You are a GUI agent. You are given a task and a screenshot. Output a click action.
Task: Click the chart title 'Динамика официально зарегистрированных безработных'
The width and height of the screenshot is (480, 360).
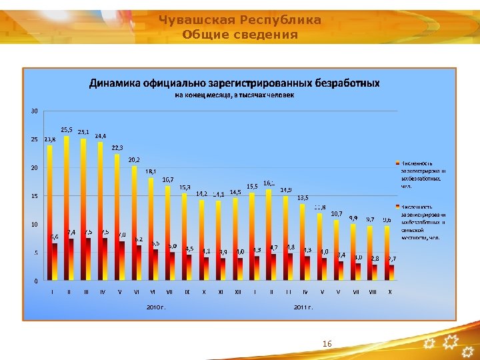pyautogui.click(x=235, y=83)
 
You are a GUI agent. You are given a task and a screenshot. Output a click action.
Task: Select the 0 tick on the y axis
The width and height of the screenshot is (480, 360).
pyautogui.click(x=35, y=281)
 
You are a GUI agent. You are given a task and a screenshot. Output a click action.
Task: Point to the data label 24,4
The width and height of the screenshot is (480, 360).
pyautogui.click(x=100, y=136)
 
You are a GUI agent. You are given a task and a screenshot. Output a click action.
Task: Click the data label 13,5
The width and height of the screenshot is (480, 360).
pyautogui.click(x=303, y=198)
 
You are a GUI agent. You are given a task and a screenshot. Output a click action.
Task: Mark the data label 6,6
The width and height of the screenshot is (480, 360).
pyautogui.click(x=54, y=237)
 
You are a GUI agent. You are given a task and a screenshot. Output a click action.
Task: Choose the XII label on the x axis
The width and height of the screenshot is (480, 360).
pyautogui.click(x=238, y=291)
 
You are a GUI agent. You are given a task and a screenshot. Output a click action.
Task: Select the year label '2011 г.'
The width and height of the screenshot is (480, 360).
pyautogui.click(x=303, y=307)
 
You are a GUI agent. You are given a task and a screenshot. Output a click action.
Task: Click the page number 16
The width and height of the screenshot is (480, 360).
pyautogui.click(x=327, y=343)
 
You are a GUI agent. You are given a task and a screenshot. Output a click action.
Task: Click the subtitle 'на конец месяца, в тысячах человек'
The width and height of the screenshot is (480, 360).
pyautogui.click(x=234, y=95)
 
